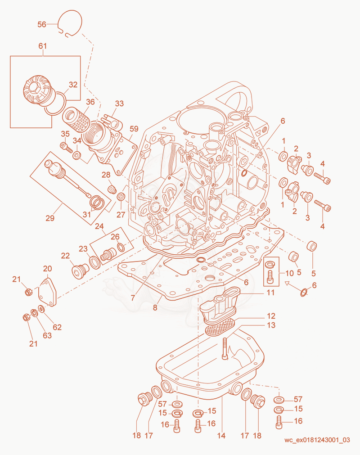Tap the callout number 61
[43, 46]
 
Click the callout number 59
[134, 129]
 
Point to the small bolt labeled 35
[66, 147]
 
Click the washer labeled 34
[77, 155]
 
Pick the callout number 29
[50, 218]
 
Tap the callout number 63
[47, 335]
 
